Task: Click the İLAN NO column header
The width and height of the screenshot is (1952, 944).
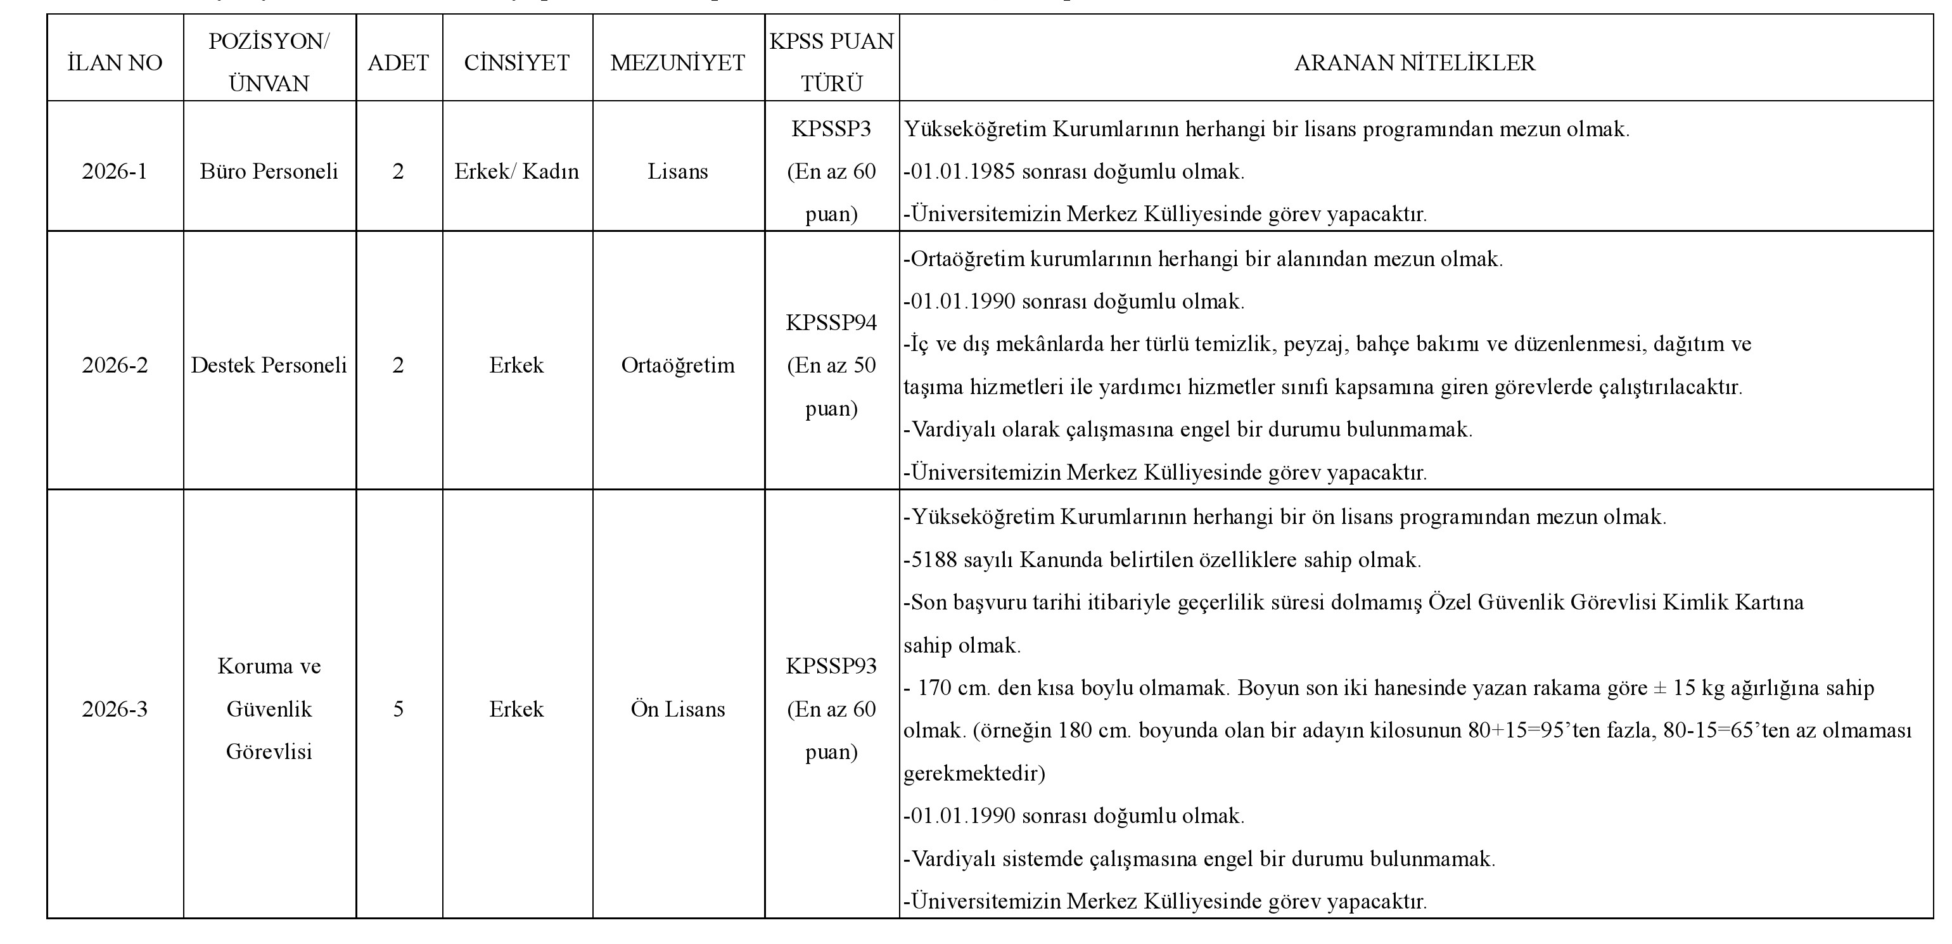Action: coord(115,62)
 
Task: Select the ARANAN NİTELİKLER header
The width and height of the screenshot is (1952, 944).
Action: coord(1415,62)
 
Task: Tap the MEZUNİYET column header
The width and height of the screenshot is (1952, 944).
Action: coord(677,62)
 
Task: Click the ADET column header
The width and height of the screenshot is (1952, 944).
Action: coord(398,62)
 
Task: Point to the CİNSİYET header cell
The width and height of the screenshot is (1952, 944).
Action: coord(517,62)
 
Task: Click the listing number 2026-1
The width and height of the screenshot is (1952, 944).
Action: coord(115,171)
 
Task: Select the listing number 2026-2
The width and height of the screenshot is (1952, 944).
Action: coord(115,365)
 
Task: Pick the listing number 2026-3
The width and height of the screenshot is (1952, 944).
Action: coord(115,709)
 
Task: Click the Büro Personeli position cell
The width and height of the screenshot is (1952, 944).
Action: coord(269,171)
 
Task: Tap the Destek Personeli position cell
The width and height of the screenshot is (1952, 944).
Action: coord(269,365)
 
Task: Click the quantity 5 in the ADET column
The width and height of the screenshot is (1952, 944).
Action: coord(398,709)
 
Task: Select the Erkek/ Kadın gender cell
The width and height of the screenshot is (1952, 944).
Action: coord(517,171)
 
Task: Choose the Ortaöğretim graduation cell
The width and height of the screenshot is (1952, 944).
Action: coord(677,365)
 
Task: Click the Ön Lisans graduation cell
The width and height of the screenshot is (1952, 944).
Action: coord(677,709)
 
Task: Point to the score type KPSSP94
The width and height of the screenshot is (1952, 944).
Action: coord(831,322)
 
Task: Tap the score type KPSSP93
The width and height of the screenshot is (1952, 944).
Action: coord(831,666)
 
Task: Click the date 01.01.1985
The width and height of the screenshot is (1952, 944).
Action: coord(962,172)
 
